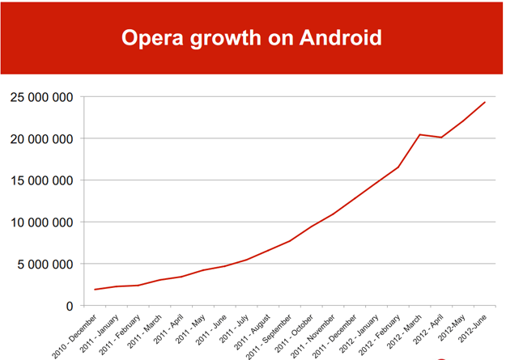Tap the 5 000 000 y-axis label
pos(45,264)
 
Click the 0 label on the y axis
pos(70,306)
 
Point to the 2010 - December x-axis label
pos(76,332)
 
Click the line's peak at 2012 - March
pos(419,134)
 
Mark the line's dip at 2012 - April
pos(441,138)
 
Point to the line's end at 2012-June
pos(485,102)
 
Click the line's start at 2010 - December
pos(95,290)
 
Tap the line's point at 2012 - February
pos(398,167)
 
